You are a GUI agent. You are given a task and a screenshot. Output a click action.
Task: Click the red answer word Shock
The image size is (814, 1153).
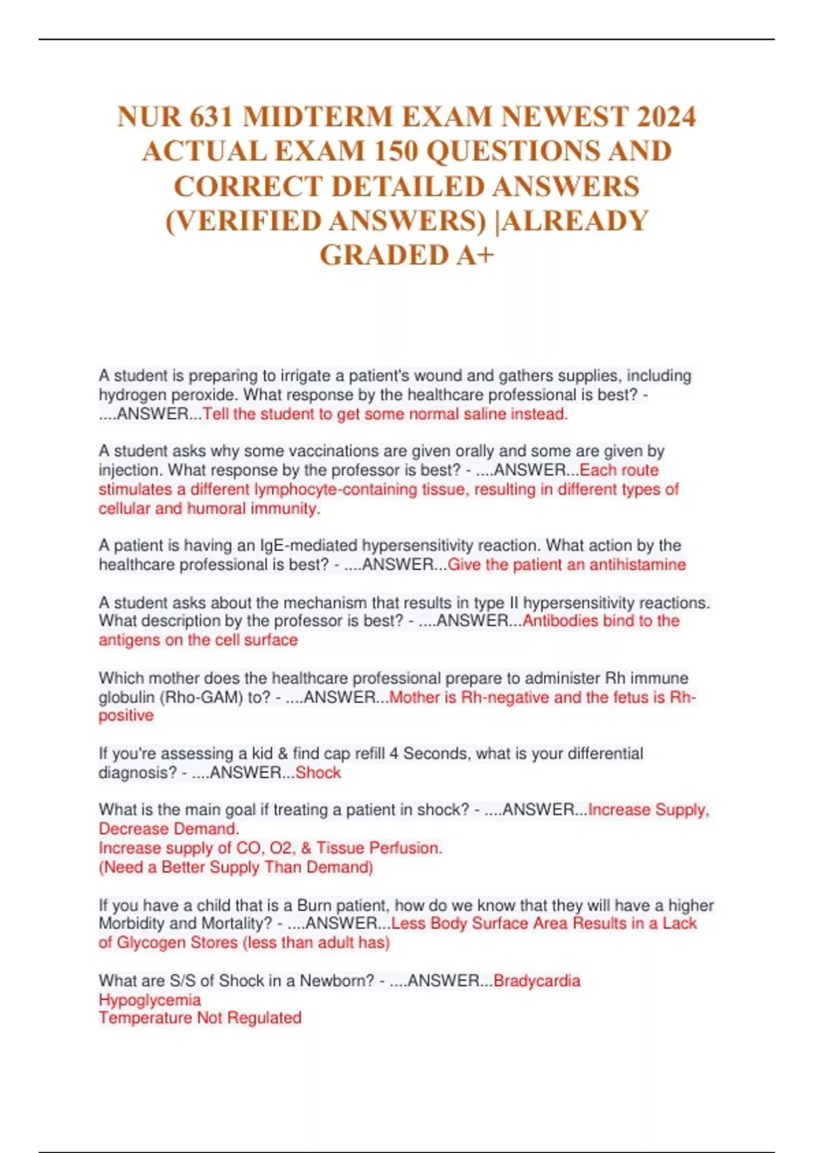pos(318,773)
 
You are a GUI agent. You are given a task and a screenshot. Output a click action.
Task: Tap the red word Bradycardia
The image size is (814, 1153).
pos(537,981)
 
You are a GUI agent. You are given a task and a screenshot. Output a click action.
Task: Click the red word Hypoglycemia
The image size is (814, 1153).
pos(150,1000)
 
